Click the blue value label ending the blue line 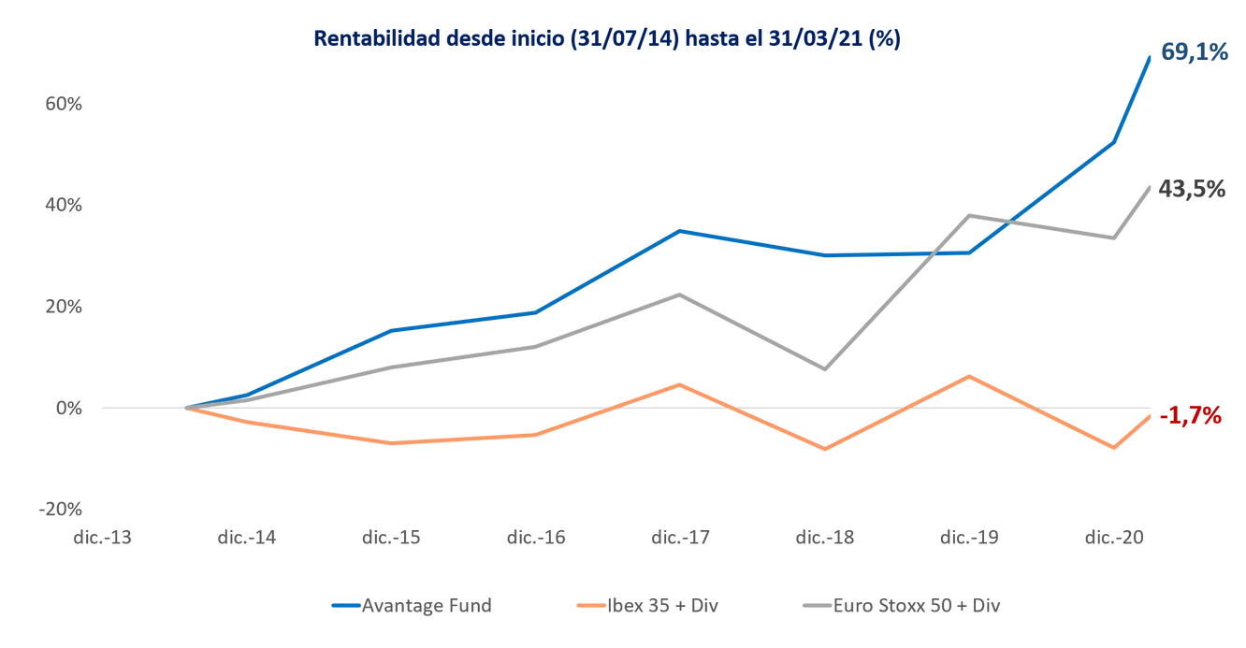pos(1193,52)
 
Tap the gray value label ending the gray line pos(1189,190)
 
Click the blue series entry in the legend pos(412,606)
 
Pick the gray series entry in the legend pos(903,606)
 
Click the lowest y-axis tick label pos(64,509)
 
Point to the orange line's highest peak pos(970,375)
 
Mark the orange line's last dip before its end pos(1113,450)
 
